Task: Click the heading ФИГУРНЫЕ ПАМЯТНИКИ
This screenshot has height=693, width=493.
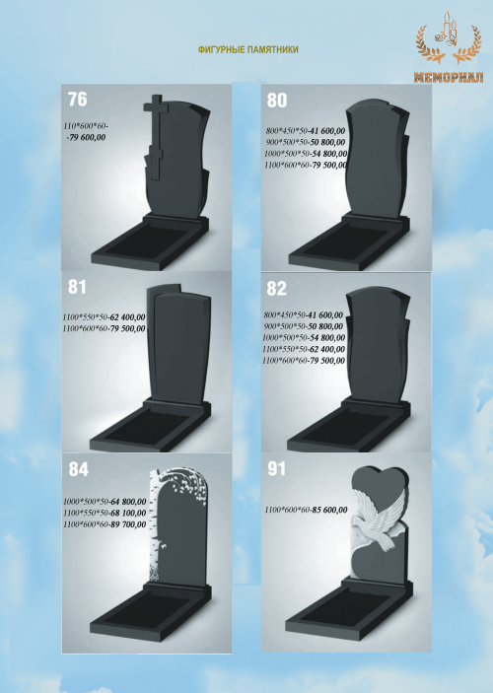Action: tap(248, 49)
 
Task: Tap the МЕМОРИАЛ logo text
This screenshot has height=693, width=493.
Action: tap(449, 77)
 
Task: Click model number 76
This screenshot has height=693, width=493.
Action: tap(77, 100)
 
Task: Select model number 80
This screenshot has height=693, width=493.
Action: tap(277, 101)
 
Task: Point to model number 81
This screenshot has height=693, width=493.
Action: tap(77, 287)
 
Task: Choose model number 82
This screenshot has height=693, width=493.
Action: tap(277, 289)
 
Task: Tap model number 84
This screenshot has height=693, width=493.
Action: tap(78, 469)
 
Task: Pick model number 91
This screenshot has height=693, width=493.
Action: tap(276, 469)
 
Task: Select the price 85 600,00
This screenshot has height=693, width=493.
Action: tap(329, 510)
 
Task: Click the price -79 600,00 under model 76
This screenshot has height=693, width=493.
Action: tap(86, 137)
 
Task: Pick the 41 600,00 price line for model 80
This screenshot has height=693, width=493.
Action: tap(306, 131)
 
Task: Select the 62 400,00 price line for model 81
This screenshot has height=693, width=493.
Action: tap(104, 317)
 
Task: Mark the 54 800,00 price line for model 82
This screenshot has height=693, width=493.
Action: tap(304, 338)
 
